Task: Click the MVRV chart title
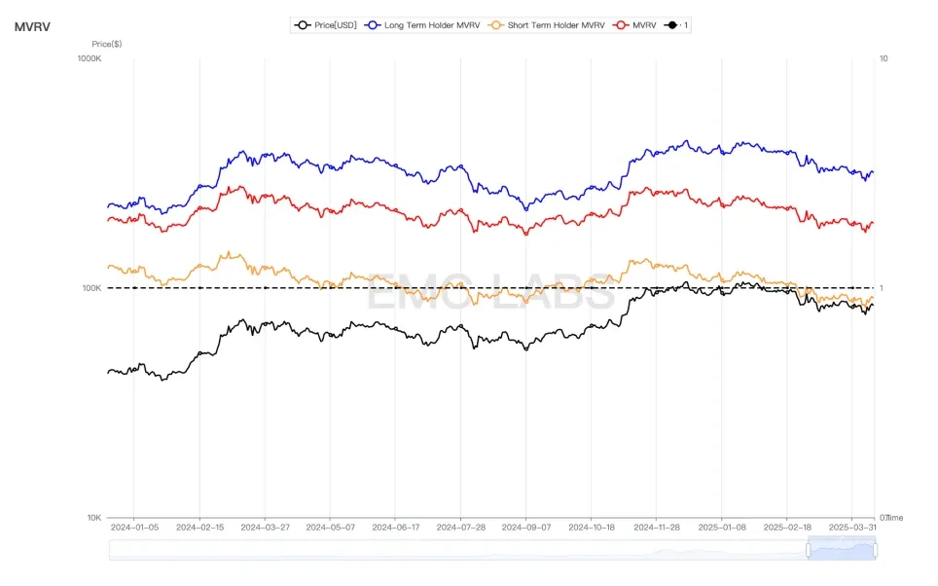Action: click(x=32, y=26)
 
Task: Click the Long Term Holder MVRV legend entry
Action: click(x=420, y=25)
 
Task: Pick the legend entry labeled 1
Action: click(x=677, y=25)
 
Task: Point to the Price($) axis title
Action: click(x=106, y=44)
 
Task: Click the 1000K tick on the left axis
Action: click(x=88, y=58)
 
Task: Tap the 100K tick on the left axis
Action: click(x=90, y=288)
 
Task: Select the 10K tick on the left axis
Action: click(x=92, y=518)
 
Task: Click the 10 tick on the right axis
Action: click(x=884, y=58)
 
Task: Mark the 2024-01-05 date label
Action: click(x=134, y=528)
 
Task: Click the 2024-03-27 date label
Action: click(x=265, y=528)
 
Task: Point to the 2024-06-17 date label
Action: click(x=395, y=528)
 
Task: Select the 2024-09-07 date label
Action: click(x=525, y=528)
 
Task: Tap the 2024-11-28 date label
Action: click(x=657, y=528)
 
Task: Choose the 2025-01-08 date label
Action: click(x=722, y=528)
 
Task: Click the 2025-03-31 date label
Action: click(x=852, y=528)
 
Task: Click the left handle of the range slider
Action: click(x=808, y=550)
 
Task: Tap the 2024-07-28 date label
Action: click(x=460, y=528)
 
